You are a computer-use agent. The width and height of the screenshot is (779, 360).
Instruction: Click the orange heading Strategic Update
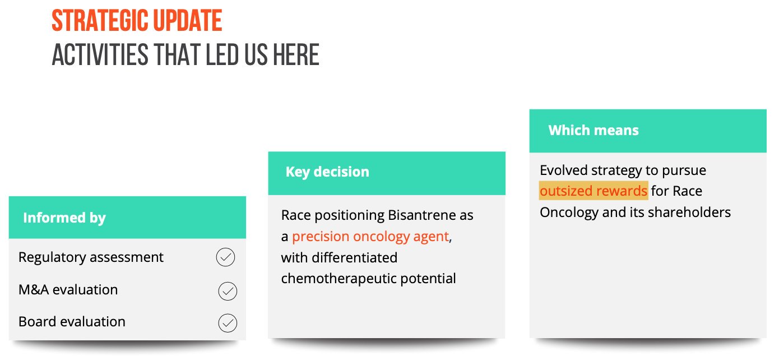pyautogui.click(x=137, y=21)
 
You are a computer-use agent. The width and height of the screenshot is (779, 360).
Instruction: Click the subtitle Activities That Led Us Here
pyautogui.click(x=186, y=54)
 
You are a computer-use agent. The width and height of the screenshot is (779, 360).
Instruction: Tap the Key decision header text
pyautogui.click(x=327, y=172)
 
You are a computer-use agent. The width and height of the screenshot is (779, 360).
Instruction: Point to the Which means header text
pyautogui.click(x=593, y=130)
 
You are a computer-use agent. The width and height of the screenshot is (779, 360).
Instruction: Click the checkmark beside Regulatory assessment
pyautogui.click(x=225, y=257)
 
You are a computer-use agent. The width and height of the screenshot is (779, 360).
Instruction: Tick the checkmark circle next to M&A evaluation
pyautogui.click(x=228, y=291)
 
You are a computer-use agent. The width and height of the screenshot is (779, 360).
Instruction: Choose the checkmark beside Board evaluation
pyautogui.click(x=228, y=323)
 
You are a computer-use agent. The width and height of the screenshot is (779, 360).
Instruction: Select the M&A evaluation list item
pyautogui.click(x=68, y=290)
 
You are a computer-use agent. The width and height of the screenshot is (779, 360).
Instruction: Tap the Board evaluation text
pyautogui.click(x=72, y=322)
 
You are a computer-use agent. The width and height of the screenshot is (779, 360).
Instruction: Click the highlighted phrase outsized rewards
pyautogui.click(x=593, y=191)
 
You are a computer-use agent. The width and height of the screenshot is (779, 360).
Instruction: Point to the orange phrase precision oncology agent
pyautogui.click(x=370, y=237)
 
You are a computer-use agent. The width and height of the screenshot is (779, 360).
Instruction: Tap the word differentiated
pyautogui.click(x=354, y=258)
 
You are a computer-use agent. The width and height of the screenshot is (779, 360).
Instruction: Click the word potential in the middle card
pyautogui.click(x=428, y=279)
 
